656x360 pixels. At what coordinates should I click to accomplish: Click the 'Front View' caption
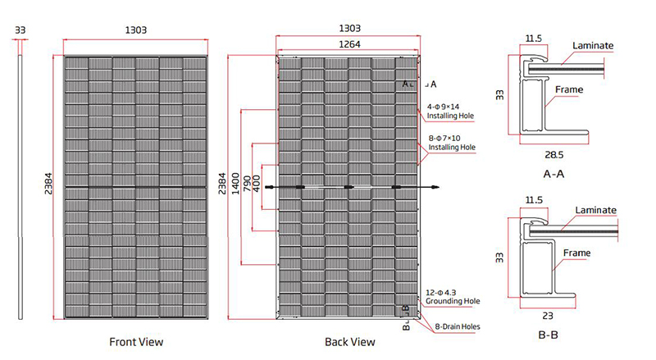coord(136,342)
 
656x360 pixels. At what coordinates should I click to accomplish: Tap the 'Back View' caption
coord(350,342)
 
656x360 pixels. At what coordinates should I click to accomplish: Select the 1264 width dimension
coord(349,44)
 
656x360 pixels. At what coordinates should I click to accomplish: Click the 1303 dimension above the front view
coord(136,30)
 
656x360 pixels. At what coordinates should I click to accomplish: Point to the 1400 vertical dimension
coord(236,184)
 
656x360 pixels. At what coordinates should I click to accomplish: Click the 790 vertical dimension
coord(247,184)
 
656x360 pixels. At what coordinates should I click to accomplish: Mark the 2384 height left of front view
coord(48,184)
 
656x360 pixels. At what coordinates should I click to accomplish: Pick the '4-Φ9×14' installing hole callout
coord(443,107)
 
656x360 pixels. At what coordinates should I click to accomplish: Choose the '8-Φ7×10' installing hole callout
coord(444,138)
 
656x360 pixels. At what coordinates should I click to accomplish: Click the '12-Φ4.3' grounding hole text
coord(441,293)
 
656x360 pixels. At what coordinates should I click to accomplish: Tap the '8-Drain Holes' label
coord(458,326)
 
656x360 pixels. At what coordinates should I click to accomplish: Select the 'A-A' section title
coord(553,174)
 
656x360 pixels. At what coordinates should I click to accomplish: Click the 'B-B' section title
coord(548,335)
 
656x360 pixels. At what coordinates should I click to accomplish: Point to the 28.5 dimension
coord(554,155)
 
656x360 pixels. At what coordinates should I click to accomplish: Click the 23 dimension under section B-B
coord(548,316)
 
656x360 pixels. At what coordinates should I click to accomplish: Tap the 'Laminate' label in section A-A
coord(593,46)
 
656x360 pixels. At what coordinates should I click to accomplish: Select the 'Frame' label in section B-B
coord(576,253)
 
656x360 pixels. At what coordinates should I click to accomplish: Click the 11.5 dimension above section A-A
coord(534,39)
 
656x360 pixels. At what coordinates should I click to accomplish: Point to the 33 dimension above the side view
coord(20,30)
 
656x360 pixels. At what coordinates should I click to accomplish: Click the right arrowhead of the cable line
coord(436,187)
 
